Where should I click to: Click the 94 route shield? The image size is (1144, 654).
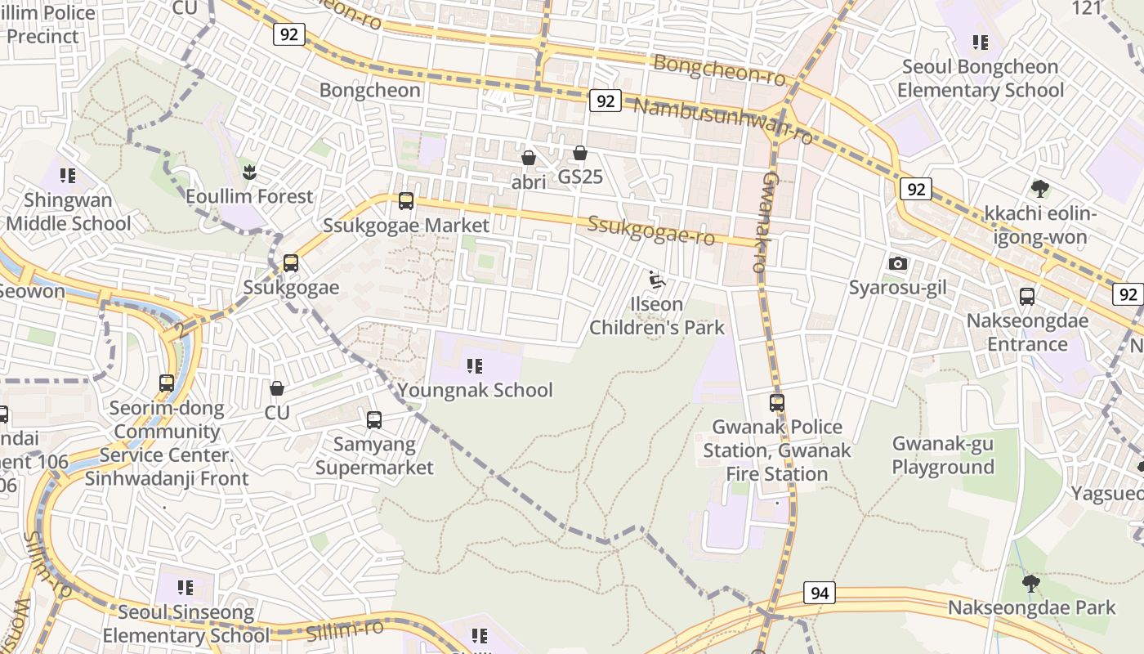coord(819,593)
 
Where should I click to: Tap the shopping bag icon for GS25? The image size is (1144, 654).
coord(580,153)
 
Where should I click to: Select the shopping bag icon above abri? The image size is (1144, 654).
coord(529,158)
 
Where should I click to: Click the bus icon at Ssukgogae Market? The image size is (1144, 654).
coord(406,200)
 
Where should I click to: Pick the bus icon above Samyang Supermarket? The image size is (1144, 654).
coord(374,420)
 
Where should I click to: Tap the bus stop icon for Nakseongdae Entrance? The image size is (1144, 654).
coord(1027,297)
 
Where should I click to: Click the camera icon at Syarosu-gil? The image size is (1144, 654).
coord(898,263)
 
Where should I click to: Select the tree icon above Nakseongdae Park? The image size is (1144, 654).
coord(1031,583)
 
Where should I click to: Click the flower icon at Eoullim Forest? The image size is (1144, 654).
coord(249,172)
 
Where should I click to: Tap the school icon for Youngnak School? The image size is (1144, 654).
coord(475,365)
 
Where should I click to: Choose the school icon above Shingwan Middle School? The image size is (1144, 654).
coord(68,175)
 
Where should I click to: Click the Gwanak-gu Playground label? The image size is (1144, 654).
coord(943,455)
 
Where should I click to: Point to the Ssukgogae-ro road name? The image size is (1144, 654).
coord(651,231)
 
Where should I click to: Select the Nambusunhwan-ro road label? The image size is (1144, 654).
coord(723,119)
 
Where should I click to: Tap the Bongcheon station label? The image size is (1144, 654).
coord(370,90)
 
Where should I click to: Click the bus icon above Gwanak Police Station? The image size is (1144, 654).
coord(776,402)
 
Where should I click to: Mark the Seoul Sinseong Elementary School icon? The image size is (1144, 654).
coord(185,587)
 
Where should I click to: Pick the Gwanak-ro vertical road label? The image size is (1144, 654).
coord(761,222)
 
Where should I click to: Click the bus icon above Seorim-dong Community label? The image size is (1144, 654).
coord(167,383)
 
